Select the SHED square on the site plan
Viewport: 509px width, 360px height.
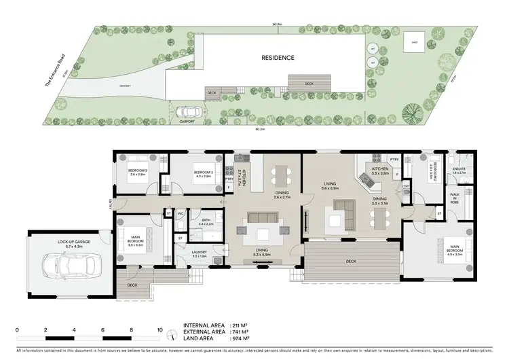(413, 42)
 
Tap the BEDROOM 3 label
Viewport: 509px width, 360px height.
(204, 172)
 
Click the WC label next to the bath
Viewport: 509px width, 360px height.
(181, 213)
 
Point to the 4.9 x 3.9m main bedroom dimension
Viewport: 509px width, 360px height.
(455, 255)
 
